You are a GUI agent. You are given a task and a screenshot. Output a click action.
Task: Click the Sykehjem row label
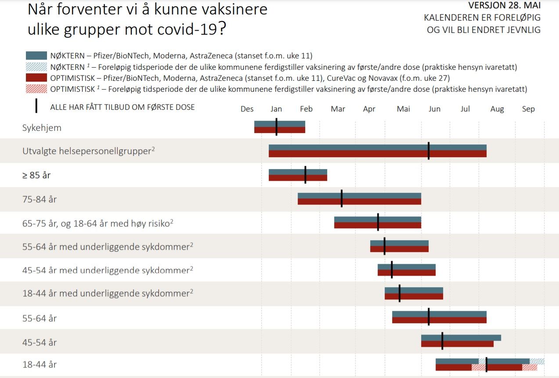[42, 128]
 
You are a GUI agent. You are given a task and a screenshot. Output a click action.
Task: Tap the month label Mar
[338, 109]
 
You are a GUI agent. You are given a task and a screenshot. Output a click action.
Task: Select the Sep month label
[528, 109]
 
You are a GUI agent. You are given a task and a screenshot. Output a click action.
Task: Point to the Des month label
[247, 109]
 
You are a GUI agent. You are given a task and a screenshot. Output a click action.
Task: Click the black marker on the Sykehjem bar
[276, 127]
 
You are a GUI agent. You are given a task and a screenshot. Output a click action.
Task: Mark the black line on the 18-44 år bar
[486, 364]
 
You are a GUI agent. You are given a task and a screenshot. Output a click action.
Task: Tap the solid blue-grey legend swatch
[36, 56]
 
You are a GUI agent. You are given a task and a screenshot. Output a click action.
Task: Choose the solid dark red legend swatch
[36, 78]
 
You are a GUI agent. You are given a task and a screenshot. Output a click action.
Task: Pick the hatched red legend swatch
[36, 89]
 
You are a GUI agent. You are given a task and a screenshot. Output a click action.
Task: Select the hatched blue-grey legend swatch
[36, 67]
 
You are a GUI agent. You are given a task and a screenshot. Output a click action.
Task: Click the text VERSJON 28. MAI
[504, 6]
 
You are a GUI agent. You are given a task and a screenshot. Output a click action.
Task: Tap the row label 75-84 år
[40, 199]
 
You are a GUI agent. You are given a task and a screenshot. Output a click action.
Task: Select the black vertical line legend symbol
[36, 106]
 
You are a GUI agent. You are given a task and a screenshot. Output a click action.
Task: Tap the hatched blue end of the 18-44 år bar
[537, 361]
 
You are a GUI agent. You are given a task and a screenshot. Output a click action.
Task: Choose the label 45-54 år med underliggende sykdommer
[106, 270]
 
